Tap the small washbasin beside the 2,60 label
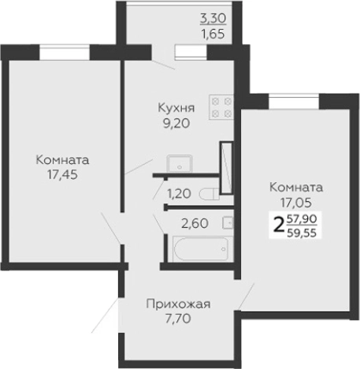coord(228,223)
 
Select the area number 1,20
coord(178,192)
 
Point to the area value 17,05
coord(295,202)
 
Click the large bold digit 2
coord(277,225)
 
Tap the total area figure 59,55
coord(303,233)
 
